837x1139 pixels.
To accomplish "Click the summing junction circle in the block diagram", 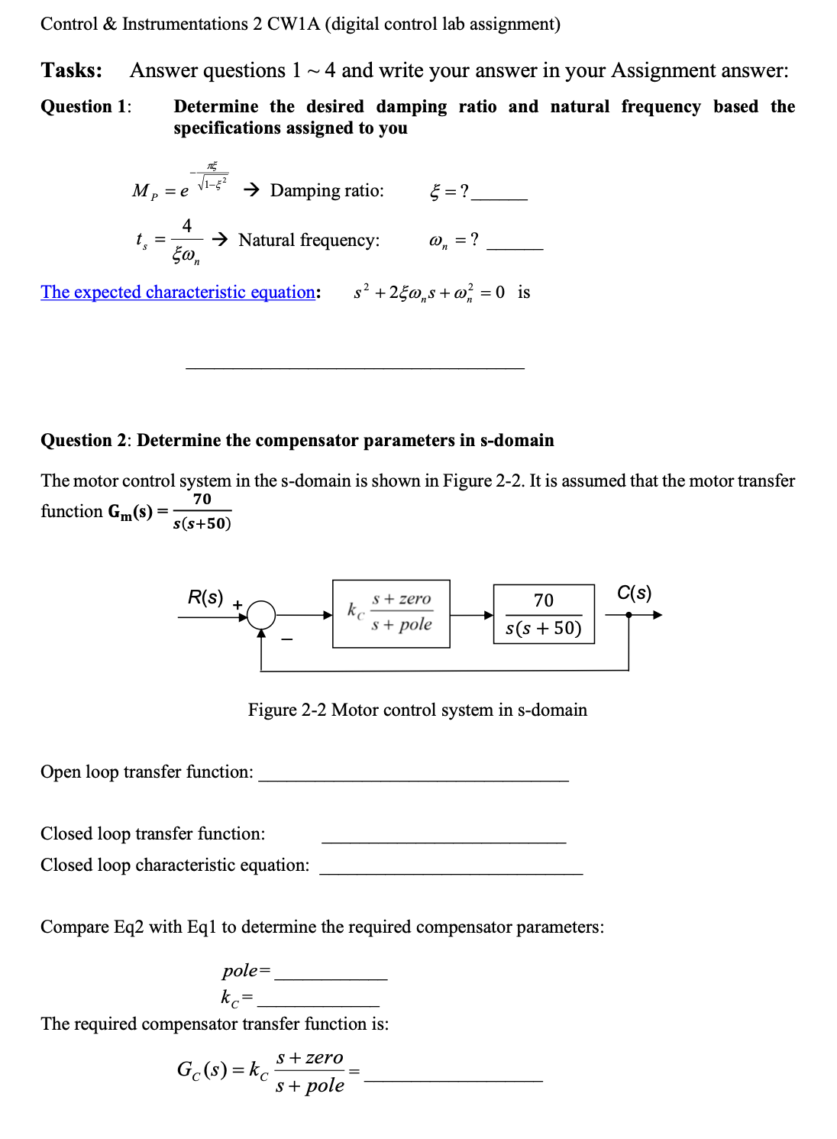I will (261, 614).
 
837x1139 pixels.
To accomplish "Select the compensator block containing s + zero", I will (391, 613).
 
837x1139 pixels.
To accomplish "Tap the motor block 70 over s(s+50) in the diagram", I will (544, 614).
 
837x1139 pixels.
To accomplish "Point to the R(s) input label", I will (205, 597).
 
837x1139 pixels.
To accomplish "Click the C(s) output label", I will (634, 593).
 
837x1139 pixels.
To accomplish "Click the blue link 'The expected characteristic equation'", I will (178, 293).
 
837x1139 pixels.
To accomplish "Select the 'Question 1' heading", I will (85, 107).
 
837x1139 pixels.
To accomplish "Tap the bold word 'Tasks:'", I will (71, 70).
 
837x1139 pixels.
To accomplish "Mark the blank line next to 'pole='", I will (331, 978).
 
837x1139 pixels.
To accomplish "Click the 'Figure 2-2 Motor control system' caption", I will (417, 710).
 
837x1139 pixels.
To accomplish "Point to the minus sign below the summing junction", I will (286, 639).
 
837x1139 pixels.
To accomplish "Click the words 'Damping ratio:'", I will (327, 190).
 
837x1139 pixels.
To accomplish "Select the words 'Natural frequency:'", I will (309, 241).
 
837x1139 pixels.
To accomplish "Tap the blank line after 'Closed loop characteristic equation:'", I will (451, 872).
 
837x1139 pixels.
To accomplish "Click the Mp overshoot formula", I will (180, 183).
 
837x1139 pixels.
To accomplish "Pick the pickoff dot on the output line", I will (629, 615).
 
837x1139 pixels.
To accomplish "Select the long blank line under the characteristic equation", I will (354, 367).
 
